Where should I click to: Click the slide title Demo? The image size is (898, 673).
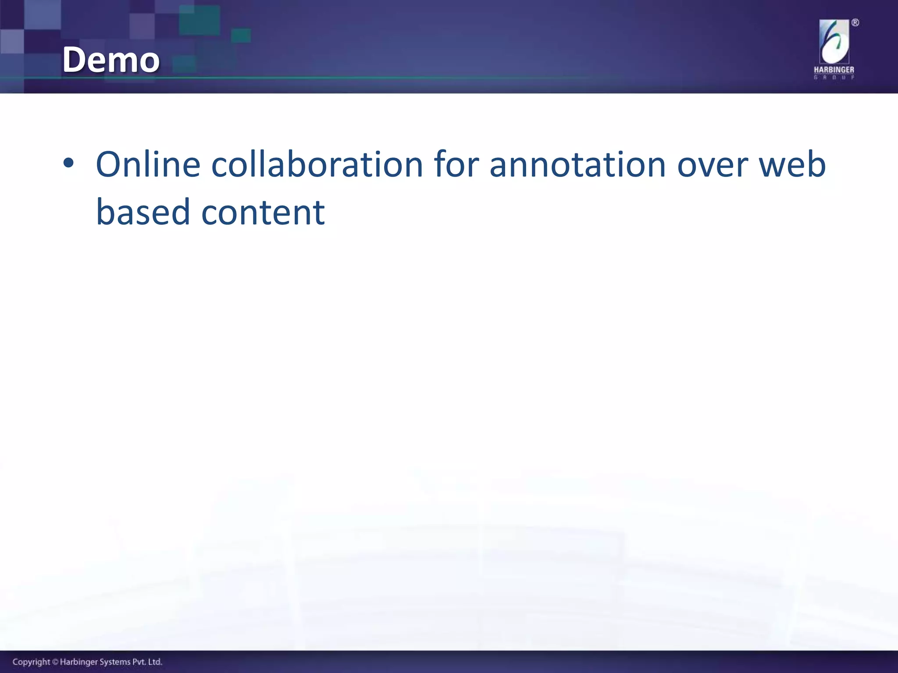point(111,60)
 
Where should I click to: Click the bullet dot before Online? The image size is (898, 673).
point(68,164)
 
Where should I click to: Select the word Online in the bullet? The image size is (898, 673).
point(148,165)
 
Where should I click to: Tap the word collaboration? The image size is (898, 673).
point(317,165)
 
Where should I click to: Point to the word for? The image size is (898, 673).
point(456,165)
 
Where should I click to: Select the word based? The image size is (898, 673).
point(143,212)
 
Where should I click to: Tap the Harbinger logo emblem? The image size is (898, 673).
point(834,43)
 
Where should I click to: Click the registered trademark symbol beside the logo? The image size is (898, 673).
point(855,23)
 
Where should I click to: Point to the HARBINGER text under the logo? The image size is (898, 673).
point(834,70)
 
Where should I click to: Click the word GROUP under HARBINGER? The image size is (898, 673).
point(834,78)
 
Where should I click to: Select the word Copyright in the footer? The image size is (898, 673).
point(31,662)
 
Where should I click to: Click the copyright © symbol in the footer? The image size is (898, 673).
point(55,662)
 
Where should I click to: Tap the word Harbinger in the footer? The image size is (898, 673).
point(77,662)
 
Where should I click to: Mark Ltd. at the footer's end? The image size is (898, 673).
point(155,662)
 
